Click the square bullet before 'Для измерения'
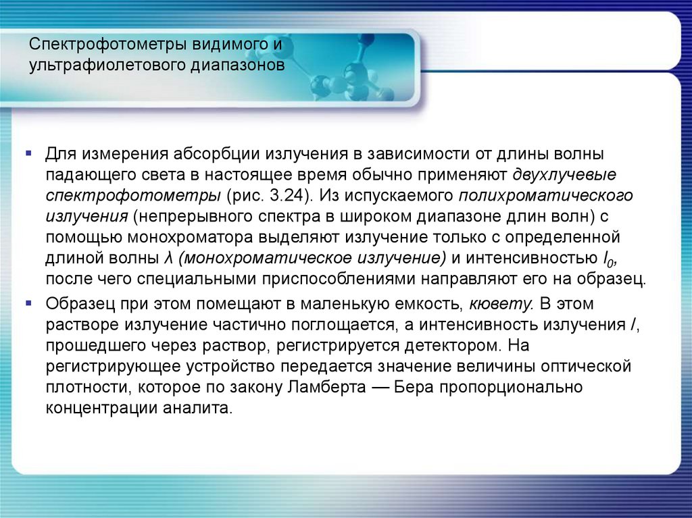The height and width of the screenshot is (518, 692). (x=28, y=155)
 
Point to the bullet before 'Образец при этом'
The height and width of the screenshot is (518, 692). (x=28, y=302)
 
